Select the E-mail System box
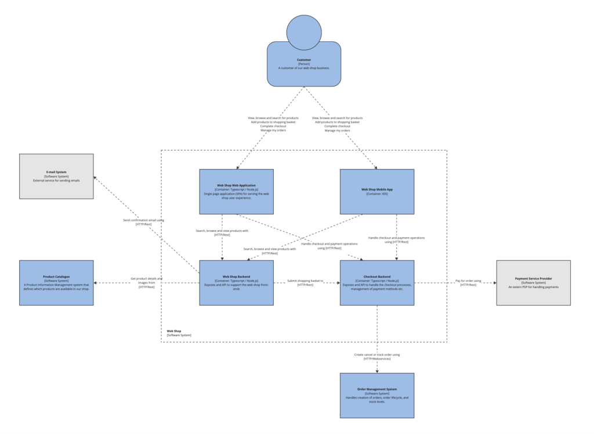tap(56, 176)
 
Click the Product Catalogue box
tap(56, 282)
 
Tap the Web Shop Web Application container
tap(236, 192)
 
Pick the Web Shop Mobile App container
tap(376, 192)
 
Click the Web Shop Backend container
tap(236, 282)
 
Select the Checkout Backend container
tap(376, 282)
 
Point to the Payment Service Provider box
tap(533, 282)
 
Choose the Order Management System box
tap(376, 396)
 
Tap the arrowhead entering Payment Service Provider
tap(494, 283)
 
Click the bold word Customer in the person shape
tap(304, 60)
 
